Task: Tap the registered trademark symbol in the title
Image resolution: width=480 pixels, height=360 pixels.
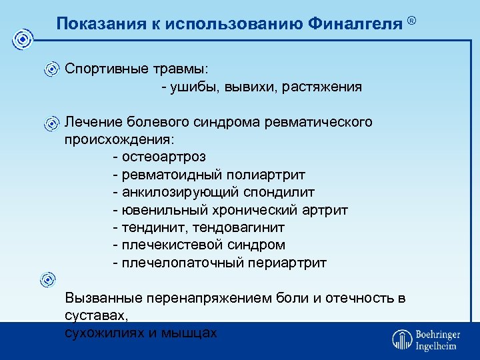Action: coord(412,21)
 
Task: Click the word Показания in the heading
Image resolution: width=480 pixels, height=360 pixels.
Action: coord(91,24)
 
